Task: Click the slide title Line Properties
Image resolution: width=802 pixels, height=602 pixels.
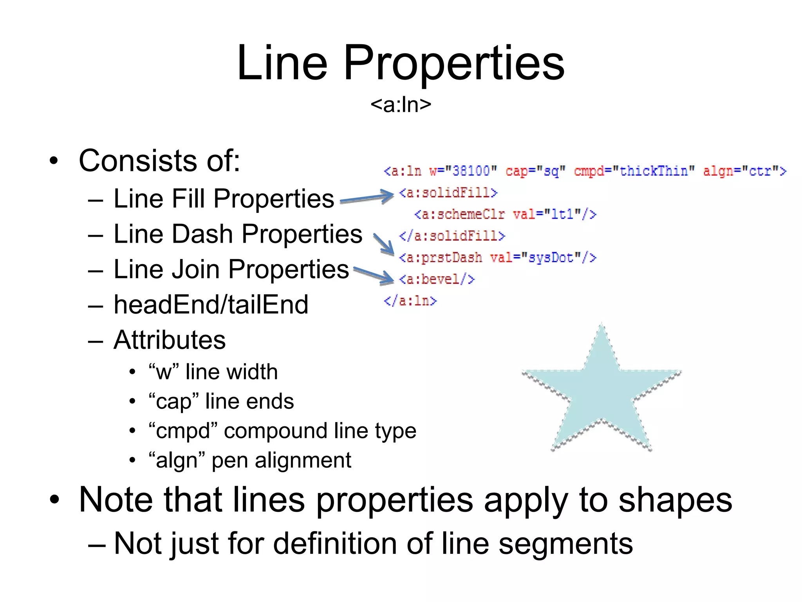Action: pos(401,63)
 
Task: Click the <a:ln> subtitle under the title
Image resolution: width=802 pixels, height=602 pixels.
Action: pos(401,105)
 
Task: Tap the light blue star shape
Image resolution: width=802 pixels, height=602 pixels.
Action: pos(601,396)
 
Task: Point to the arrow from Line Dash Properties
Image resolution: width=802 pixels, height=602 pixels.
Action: pos(384,244)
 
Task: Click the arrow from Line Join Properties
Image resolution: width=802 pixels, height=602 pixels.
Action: pos(374,274)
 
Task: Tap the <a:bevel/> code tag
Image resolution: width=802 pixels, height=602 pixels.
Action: pos(437,279)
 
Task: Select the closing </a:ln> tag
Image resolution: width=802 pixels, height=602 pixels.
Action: pos(410,301)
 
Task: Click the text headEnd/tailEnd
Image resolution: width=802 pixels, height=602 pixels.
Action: pos(211,305)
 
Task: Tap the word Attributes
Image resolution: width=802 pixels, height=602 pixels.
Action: pos(170,340)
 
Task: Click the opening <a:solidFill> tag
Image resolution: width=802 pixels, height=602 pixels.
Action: pos(448,193)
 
